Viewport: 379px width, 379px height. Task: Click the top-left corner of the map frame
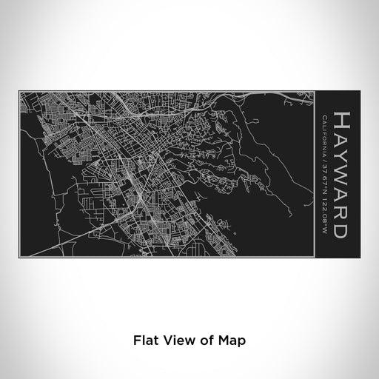click(x=19, y=90)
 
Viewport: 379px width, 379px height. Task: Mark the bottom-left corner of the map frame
click(x=19, y=259)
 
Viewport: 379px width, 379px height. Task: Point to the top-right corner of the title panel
click(x=360, y=90)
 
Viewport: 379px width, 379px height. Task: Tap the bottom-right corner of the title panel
click(x=360, y=259)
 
